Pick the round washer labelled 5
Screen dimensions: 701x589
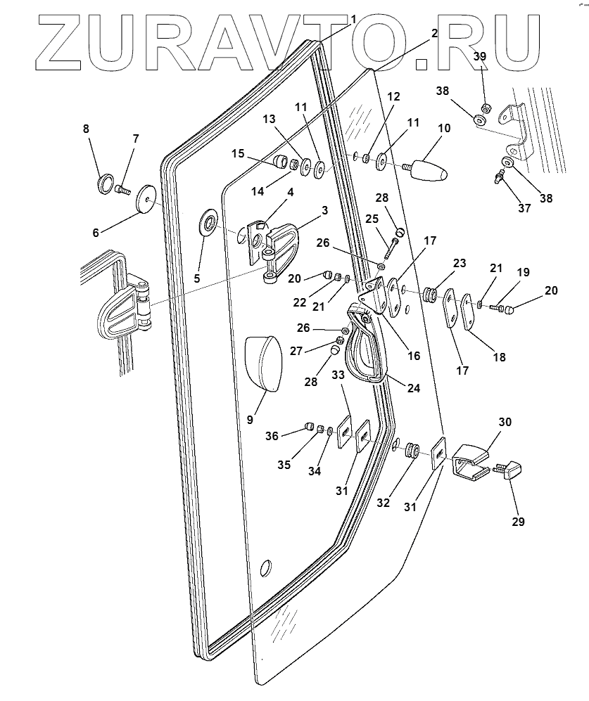pos(208,224)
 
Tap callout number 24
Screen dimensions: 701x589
pos(413,387)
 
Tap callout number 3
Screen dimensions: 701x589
pos(324,210)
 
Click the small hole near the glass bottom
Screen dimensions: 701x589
pos(265,567)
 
